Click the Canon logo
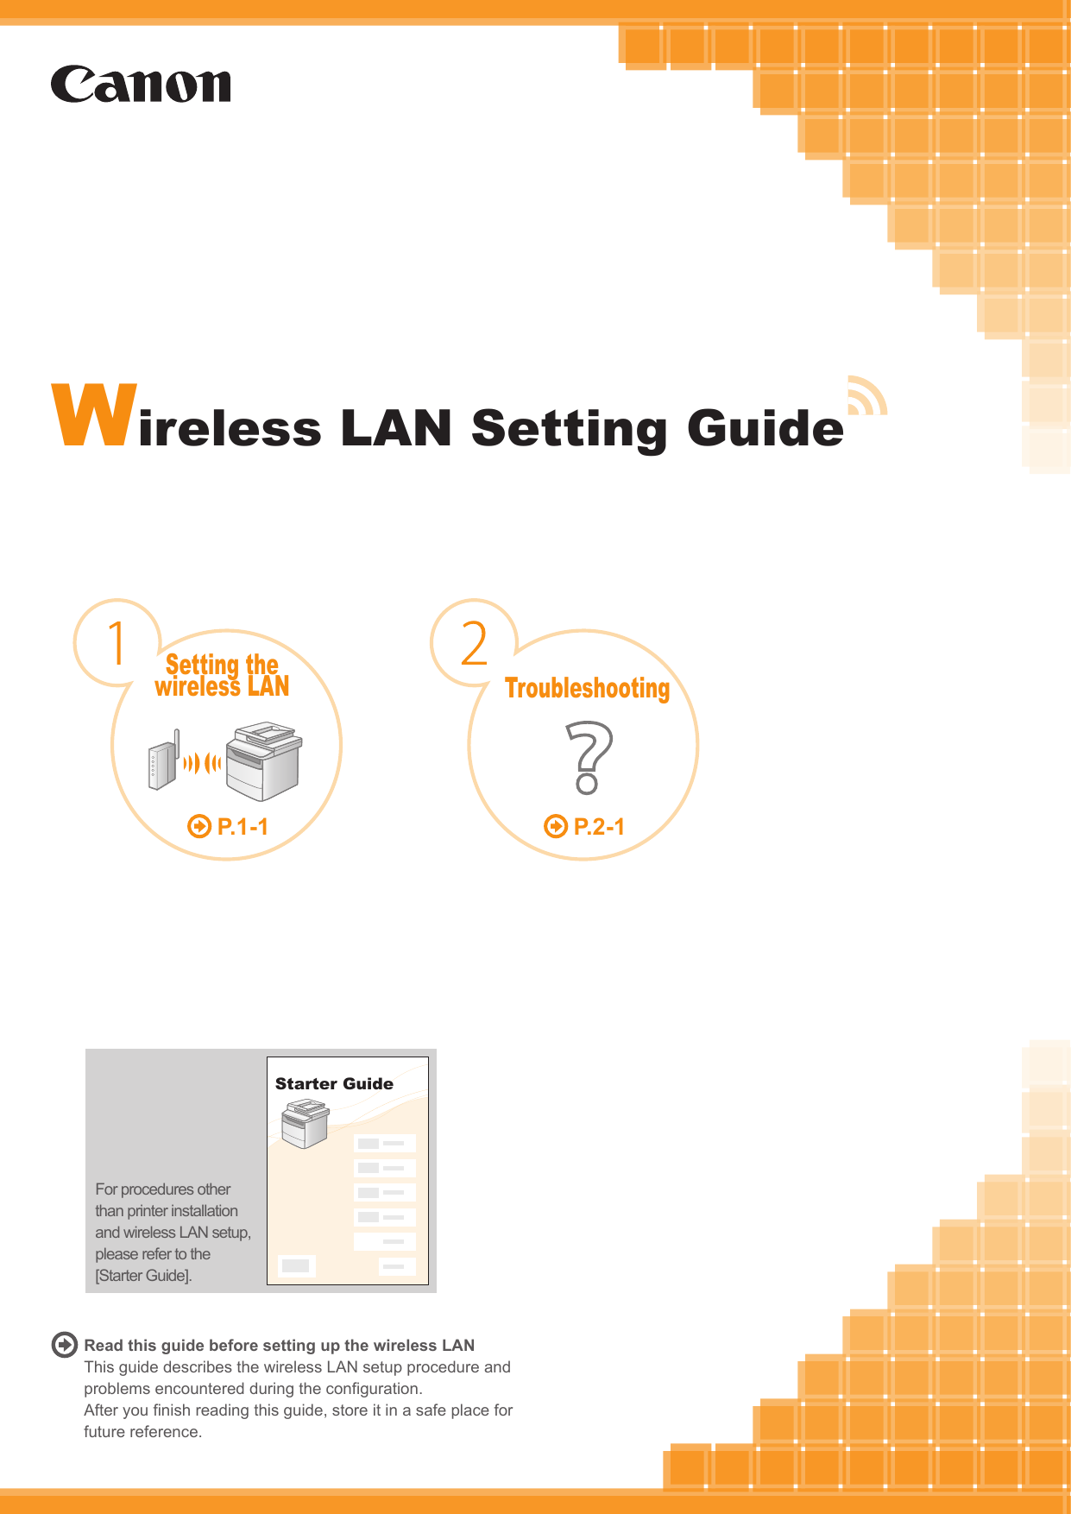[x=141, y=85]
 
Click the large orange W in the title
[x=95, y=415]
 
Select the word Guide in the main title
[x=765, y=428]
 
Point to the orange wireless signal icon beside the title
[x=866, y=396]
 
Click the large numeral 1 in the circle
[x=117, y=644]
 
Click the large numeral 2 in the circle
[x=474, y=644]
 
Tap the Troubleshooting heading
[x=587, y=689]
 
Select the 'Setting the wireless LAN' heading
[x=223, y=676]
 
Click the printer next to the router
[x=264, y=762]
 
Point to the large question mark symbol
[x=589, y=758]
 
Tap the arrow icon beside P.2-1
[x=556, y=827]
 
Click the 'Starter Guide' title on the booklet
[x=334, y=1084]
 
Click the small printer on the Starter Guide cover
[x=305, y=1123]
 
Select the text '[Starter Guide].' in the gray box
[x=143, y=1276]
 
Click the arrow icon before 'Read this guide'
[x=65, y=1345]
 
